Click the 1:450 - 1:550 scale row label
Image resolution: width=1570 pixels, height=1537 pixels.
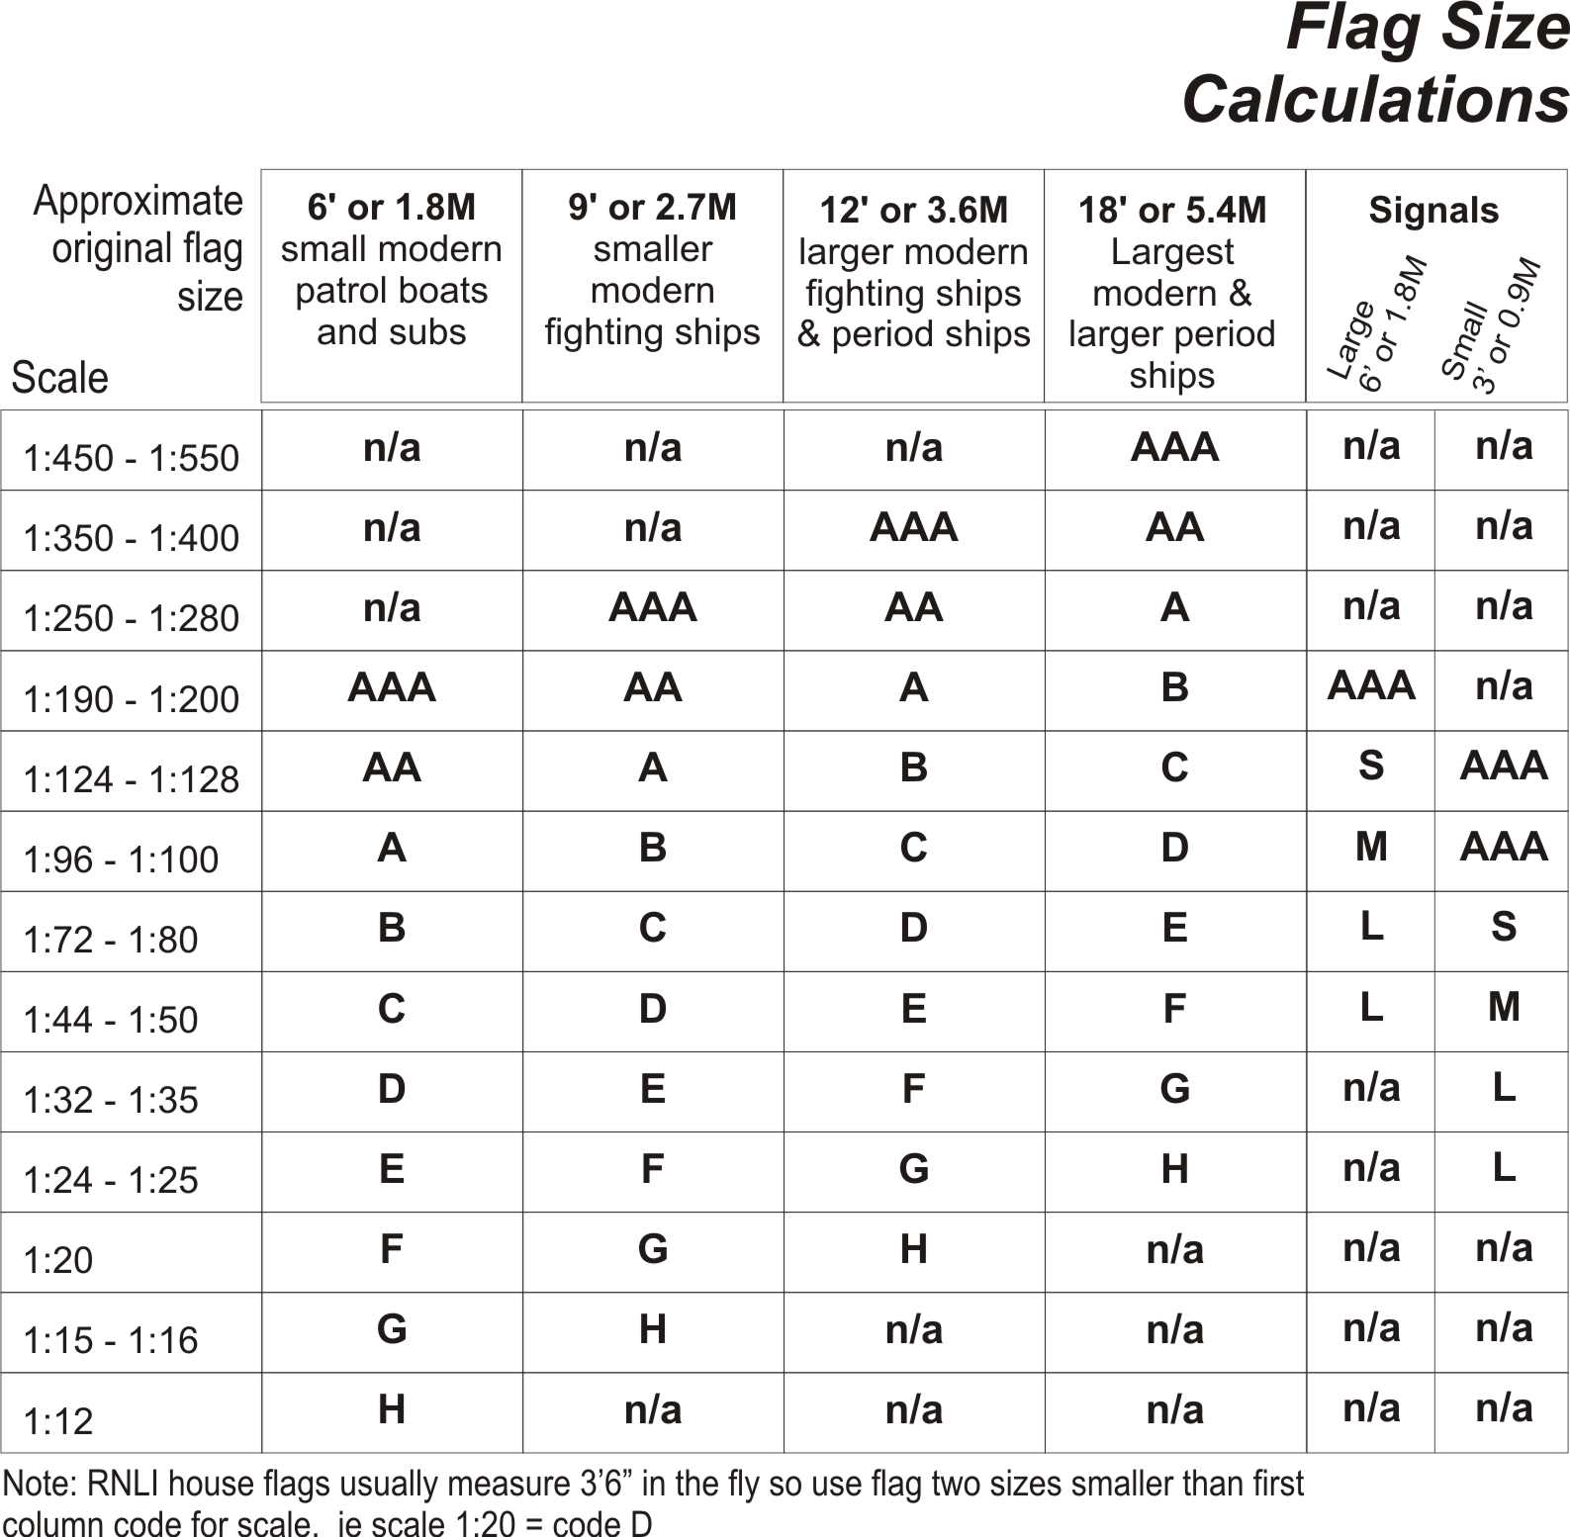pos(131,458)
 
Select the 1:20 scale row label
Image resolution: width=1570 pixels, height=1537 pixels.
pos(57,1260)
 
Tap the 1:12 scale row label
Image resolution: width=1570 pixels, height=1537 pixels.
pos(57,1421)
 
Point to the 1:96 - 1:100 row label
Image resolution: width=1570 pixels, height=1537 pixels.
pos(121,859)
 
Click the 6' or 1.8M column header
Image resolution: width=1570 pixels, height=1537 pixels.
pos(391,208)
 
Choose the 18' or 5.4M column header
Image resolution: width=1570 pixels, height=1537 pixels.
pos(1172,211)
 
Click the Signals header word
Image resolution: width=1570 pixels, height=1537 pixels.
pos(1433,211)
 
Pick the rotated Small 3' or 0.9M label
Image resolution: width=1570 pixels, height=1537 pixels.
pos(1491,326)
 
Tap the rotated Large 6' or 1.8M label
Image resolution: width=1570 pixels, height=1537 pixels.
pos(1377,326)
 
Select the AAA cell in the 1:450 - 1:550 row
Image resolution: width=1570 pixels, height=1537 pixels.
pos(1174,448)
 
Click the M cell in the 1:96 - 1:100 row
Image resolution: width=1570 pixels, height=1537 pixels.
pos(1371,847)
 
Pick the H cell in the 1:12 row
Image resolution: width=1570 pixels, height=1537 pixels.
pos(392,1409)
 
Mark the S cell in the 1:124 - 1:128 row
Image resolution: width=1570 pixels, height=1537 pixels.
pos(1371,766)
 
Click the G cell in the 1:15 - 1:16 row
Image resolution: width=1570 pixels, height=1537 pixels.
pos(392,1329)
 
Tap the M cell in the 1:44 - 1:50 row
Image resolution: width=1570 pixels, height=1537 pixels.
pos(1504,1007)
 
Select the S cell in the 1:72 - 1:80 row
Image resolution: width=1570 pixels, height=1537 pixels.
pos(1504,927)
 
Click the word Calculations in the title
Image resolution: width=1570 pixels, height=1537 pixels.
pos(1375,101)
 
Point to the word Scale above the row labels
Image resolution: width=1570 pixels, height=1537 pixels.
pos(59,378)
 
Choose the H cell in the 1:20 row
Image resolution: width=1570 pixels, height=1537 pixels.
pos(913,1249)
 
